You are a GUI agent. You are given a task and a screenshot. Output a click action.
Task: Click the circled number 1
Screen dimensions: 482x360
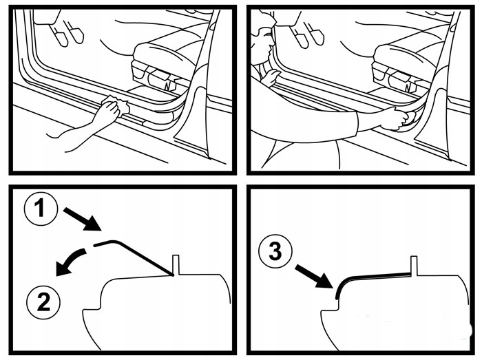click(x=41, y=209)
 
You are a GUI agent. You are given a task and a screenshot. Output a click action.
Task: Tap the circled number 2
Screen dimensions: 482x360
click(x=43, y=301)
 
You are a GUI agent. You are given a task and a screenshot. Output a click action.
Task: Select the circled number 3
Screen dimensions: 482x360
click(x=275, y=252)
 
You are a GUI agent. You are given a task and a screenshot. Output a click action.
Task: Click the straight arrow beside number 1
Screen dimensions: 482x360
click(x=83, y=218)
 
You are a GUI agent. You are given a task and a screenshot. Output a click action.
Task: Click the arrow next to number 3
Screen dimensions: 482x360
click(x=313, y=277)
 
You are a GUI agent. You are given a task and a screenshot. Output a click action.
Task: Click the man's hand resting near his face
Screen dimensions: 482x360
click(x=270, y=77)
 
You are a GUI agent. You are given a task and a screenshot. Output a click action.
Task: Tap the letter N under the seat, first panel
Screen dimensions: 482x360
click(x=168, y=86)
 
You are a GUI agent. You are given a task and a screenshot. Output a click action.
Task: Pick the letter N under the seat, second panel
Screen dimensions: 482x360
click(x=408, y=87)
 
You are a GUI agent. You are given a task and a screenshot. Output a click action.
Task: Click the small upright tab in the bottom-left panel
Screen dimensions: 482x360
click(x=176, y=264)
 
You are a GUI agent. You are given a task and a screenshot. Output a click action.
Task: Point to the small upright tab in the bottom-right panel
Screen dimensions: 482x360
click(x=414, y=265)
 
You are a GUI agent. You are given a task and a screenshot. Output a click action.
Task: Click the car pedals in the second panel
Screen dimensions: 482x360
click(x=307, y=35)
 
